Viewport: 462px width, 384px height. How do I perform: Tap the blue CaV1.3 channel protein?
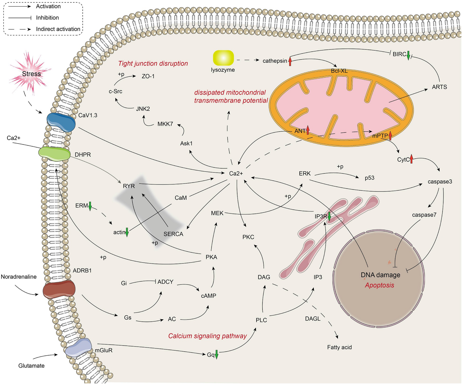61,122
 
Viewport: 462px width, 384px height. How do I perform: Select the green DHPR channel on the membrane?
54,154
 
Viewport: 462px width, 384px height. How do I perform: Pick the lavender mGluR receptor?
78,347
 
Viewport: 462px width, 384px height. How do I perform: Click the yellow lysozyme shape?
223,58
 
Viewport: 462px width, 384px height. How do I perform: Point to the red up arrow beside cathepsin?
290,61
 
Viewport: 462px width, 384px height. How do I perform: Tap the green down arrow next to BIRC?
409,55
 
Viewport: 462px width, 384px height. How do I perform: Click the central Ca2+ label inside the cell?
236,174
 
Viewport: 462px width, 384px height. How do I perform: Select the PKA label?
211,257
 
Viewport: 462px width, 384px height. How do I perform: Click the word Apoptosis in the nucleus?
379,285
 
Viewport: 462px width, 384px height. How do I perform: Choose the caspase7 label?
424,215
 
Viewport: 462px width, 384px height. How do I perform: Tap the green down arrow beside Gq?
216,355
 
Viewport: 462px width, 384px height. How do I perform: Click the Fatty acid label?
339,347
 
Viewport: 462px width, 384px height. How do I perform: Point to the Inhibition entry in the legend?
47,18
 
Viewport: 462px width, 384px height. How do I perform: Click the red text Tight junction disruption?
153,63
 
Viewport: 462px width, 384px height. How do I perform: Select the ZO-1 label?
148,76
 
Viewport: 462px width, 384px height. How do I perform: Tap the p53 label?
369,178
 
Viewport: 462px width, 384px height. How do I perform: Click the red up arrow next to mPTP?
390,136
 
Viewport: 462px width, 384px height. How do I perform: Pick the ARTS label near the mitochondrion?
439,87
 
